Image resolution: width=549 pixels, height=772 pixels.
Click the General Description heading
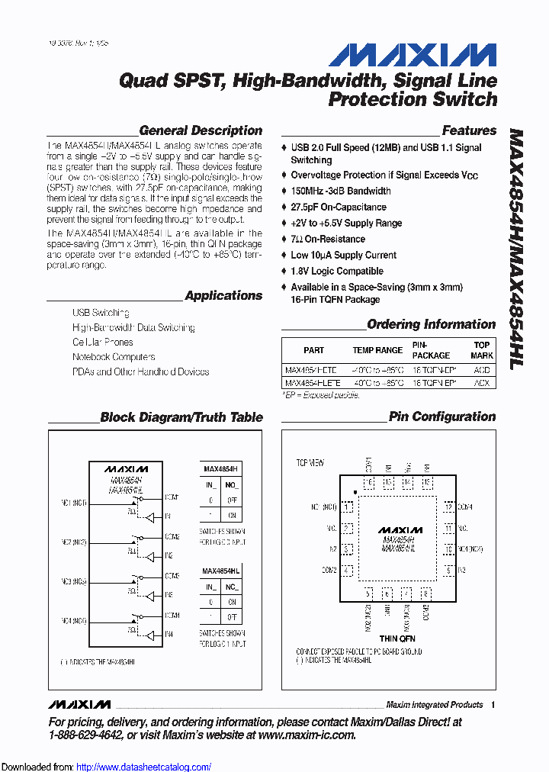(x=201, y=130)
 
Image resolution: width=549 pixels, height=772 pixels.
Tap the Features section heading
(x=469, y=130)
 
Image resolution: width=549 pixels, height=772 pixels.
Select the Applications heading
(x=223, y=295)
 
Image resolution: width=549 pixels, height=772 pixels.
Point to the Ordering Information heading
(x=432, y=324)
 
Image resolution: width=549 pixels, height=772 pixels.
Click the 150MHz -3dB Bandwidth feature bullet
(x=340, y=191)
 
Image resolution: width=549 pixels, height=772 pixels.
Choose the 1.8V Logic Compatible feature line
(x=336, y=271)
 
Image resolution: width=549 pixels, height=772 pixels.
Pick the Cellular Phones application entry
(x=103, y=342)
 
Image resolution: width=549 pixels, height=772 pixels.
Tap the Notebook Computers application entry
(x=114, y=356)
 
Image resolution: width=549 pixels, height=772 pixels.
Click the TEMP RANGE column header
(x=377, y=350)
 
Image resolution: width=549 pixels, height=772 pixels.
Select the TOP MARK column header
(x=482, y=350)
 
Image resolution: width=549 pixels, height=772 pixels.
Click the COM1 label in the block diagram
(x=172, y=497)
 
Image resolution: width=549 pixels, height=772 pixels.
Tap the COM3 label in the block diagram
(x=172, y=576)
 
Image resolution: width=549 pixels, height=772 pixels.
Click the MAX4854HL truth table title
(x=220, y=570)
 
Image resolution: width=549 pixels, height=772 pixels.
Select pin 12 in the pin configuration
(x=449, y=507)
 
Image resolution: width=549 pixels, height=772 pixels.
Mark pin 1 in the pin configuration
(x=348, y=507)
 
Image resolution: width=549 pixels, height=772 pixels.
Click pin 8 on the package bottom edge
(x=426, y=593)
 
